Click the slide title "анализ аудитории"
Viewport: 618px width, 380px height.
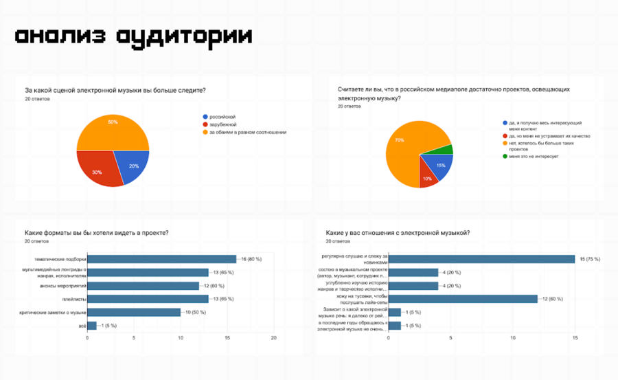click(x=134, y=36)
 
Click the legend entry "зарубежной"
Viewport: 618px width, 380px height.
click(x=224, y=124)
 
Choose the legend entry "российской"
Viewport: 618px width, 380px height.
click(x=222, y=117)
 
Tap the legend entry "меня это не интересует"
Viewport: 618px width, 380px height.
click(x=534, y=157)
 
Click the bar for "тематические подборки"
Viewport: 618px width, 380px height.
click(x=161, y=259)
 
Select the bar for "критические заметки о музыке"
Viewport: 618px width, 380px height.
click(x=133, y=311)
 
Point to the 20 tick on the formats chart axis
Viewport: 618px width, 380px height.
click(x=273, y=338)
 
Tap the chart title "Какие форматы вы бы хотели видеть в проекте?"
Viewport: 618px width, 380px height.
click(x=96, y=233)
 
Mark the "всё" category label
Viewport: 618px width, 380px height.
click(x=80, y=325)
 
